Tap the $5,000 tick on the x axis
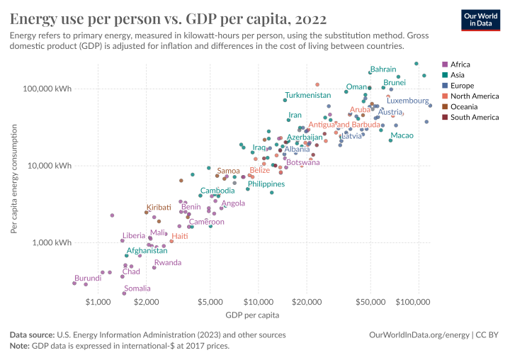(210, 301)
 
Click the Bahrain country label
(383, 69)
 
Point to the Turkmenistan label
(307, 95)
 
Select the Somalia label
(137, 288)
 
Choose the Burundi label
(88, 278)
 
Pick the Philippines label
(266, 184)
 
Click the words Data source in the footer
(34, 334)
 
